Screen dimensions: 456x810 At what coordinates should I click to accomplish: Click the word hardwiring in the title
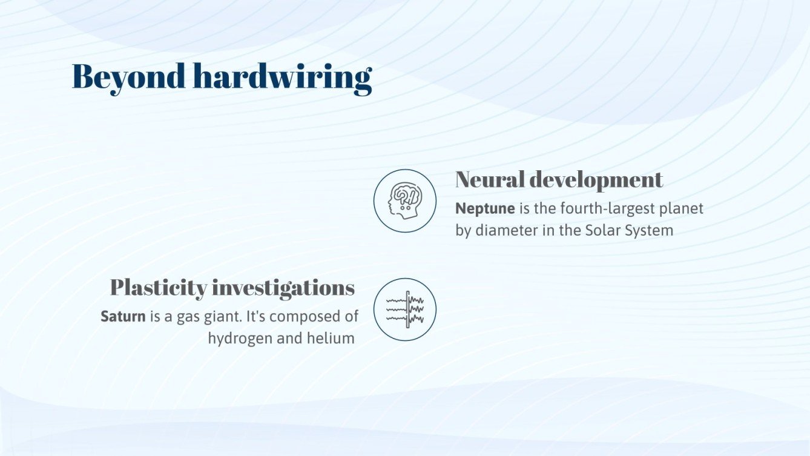tap(282, 78)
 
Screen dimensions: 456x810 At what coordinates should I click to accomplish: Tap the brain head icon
tap(404, 200)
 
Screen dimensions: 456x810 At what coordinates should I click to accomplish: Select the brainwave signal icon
tap(404, 309)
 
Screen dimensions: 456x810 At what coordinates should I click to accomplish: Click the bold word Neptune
tap(485, 208)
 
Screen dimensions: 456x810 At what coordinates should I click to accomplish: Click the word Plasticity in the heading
tap(159, 287)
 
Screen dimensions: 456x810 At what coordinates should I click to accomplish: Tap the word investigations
tap(283, 288)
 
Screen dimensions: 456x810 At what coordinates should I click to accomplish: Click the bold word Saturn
tap(123, 316)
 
